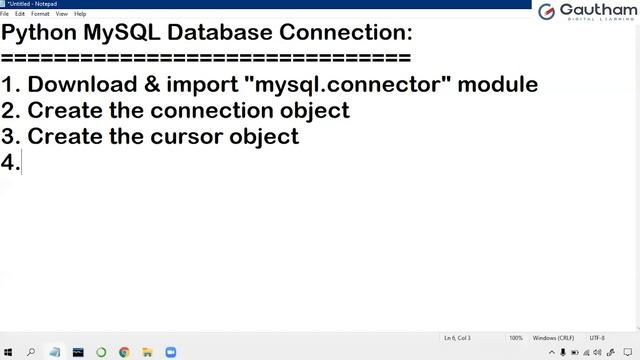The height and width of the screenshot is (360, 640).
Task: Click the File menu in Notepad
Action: click(x=5, y=14)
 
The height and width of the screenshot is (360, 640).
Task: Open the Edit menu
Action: click(x=20, y=14)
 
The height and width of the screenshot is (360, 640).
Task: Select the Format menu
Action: click(x=40, y=14)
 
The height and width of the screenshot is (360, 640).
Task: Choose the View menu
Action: click(x=62, y=14)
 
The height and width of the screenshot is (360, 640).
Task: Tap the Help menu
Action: click(x=80, y=14)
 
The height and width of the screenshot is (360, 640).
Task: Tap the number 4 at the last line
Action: click(x=9, y=162)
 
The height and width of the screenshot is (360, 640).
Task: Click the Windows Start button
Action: click(x=9, y=352)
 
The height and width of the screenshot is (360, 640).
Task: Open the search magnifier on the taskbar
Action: click(x=31, y=352)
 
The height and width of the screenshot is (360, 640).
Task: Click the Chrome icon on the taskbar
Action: click(x=124, y=352)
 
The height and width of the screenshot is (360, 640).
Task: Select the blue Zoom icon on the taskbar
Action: click(x=170, y=352)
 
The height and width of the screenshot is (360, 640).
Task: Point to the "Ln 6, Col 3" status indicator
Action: click(x=456, y=338)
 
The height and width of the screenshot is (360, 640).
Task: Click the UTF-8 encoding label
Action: click(x=597, y=338)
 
